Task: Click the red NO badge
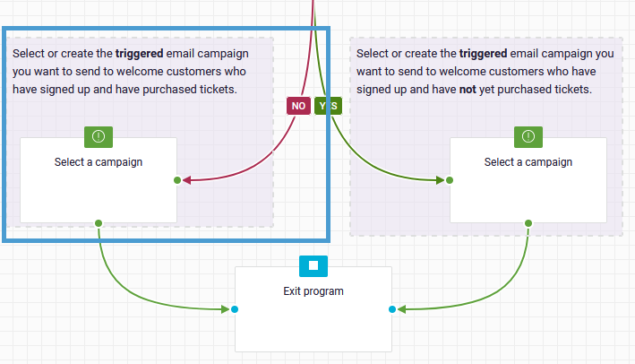click(298, 106)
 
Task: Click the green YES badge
click(328, 106)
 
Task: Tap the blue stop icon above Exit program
click(313, 266)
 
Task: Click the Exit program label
click(313, 291)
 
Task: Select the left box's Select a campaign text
click(99, 162)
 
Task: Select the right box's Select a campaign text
click(528, 162)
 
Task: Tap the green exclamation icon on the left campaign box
click(99, 137)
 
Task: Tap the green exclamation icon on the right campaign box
click(528, 137)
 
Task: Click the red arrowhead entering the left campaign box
click(186, 180)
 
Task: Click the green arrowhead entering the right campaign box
click(441, 180)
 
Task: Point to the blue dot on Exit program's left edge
click(235, 309)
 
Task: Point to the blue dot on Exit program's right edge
click(392, 309)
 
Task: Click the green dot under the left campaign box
click(99, 223)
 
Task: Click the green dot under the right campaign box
click(528, 223)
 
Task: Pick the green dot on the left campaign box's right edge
click(177, 180)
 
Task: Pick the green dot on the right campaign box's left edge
click(450, 180)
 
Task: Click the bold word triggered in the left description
click(140, 54)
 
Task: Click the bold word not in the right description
click(468, 89)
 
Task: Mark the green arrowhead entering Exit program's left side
click(226, 309)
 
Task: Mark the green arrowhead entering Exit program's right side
click(401, 309)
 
